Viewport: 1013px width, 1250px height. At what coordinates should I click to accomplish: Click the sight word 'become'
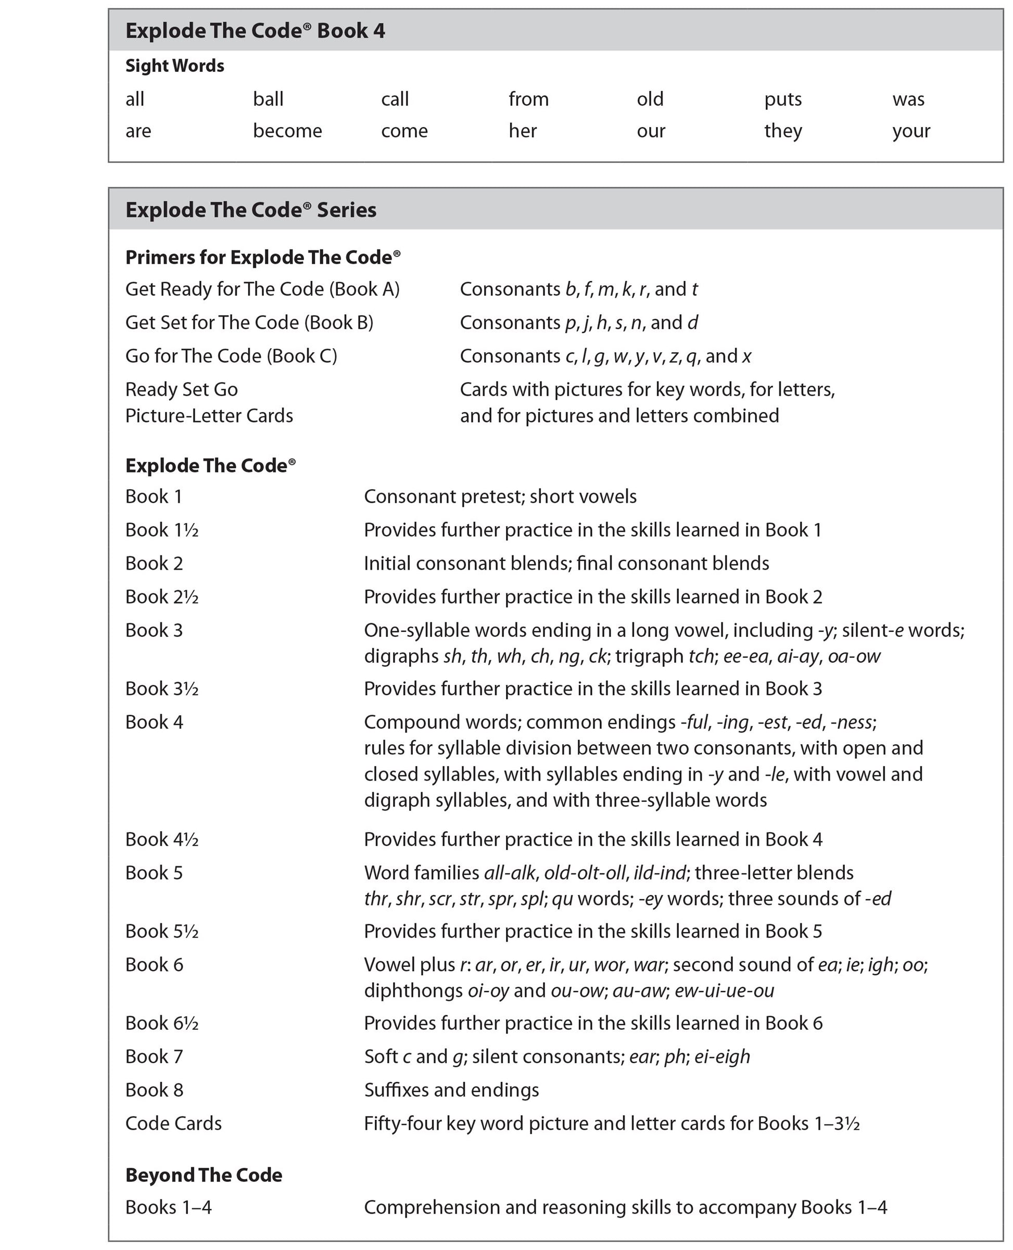pos(287,131)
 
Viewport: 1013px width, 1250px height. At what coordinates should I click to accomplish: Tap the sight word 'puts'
pos(782,99)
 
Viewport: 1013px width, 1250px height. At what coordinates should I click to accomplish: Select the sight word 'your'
pos(911,131)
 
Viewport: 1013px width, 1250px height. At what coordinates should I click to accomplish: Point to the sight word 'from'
pos(528,99)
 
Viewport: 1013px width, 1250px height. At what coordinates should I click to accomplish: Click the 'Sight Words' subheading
pos(174,66)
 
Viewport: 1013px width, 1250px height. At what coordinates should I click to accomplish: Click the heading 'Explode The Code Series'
pos(251,210)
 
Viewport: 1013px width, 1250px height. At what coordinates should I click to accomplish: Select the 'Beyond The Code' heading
pos(204,1175)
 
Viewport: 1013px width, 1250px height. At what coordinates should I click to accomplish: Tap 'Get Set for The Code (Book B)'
pos(249,323)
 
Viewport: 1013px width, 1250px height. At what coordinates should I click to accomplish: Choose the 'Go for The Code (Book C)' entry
pos(231,356)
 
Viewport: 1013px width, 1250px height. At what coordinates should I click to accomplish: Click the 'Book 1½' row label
pos(162,530)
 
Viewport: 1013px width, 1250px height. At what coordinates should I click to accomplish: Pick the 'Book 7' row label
pos(154,1056)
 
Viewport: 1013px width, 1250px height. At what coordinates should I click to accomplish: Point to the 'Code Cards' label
pos(173,1124)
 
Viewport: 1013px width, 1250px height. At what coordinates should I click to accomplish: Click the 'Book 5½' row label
pos(162,932)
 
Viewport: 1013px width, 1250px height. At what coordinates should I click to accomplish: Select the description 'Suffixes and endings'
pos(451,1090)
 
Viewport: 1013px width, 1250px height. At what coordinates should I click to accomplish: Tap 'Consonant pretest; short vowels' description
pos(500,496)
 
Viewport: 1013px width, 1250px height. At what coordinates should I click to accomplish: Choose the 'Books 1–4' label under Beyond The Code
pos(168,1207)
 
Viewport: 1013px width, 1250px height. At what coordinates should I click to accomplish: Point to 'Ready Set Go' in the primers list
pos(182,389)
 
